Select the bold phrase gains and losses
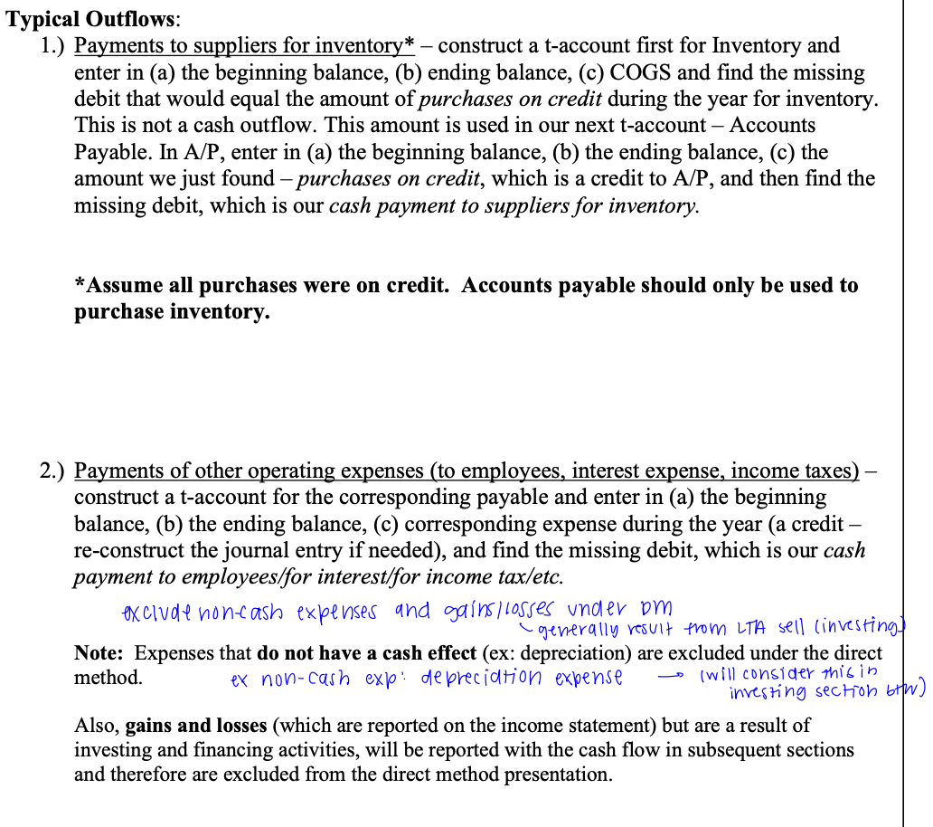pos(190,726)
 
